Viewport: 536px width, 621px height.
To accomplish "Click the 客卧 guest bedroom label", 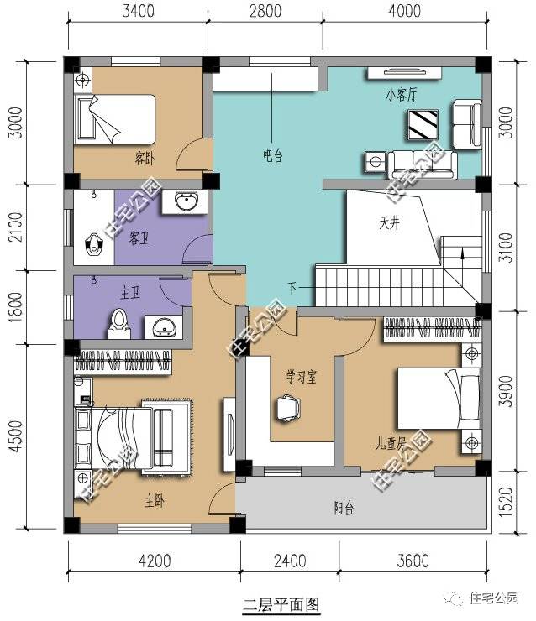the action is coord(145,159).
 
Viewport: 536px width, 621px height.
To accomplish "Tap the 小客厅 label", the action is coord(402,95).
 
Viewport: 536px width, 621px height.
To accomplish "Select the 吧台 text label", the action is coord(273,155).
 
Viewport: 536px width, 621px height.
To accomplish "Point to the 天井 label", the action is coord(390,223).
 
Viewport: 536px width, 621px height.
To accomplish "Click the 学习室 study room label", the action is coord(302,377).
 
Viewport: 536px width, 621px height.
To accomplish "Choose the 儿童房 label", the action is coord(391,443).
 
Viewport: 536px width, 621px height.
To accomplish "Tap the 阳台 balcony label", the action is coord(344,508).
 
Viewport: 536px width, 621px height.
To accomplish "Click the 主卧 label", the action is coord(155,501).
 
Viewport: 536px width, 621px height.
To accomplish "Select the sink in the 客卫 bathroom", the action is coord(185,202).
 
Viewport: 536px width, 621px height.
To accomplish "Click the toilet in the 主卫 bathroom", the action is coord(119,323).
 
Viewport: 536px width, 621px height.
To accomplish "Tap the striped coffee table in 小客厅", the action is coord(423,125).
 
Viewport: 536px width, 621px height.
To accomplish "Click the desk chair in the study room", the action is coord(288,408).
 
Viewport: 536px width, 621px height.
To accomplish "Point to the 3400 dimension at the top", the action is coord(138,11).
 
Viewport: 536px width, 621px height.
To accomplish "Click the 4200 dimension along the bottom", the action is coord(155,561).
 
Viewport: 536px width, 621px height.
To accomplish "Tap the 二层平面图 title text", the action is coord(281,605).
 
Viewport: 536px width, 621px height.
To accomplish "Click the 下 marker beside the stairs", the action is coord(292,288).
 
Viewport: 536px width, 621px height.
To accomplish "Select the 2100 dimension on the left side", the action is coord(16,227).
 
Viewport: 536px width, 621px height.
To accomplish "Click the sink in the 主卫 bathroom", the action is coord(164,327).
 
